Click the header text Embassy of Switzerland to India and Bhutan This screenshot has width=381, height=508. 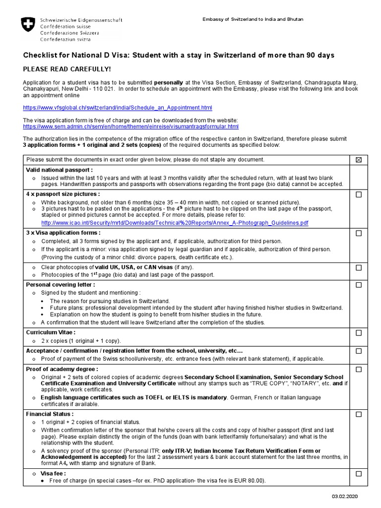[x=253, y=19]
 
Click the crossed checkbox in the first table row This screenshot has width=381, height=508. [x=358, y=159]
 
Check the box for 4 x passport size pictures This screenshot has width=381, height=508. [x=358, y=194]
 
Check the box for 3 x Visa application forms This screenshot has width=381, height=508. [x=358, y=233]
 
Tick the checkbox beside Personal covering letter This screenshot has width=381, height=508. [x=358, y=285]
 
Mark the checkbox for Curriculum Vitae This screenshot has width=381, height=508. [x=358, y=333]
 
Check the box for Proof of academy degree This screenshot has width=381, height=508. [x=358, y=370]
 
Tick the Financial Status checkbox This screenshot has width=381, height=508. [x=358, y=414]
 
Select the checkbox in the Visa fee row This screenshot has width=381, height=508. [x=358, y=474]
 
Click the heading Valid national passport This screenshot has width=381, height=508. [x=60, y=170]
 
